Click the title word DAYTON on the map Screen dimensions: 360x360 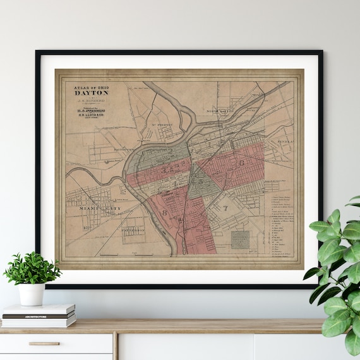[x=92, y=92]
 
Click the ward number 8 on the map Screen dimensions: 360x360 [x=165, y=213]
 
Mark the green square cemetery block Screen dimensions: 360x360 [x=239, y=241]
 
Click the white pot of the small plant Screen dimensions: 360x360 [x=31, y=294]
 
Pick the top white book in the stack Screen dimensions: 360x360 [x=39, y=309]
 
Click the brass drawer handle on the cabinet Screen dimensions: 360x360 [x=44, y=344]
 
